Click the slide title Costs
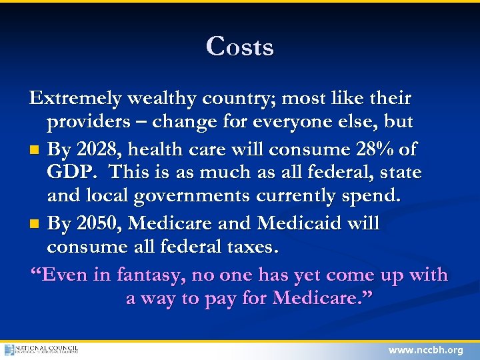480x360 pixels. click(x=240, y=47)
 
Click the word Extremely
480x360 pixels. click(x=75, y=99)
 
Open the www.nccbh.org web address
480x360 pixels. click(x=425, y=350)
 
